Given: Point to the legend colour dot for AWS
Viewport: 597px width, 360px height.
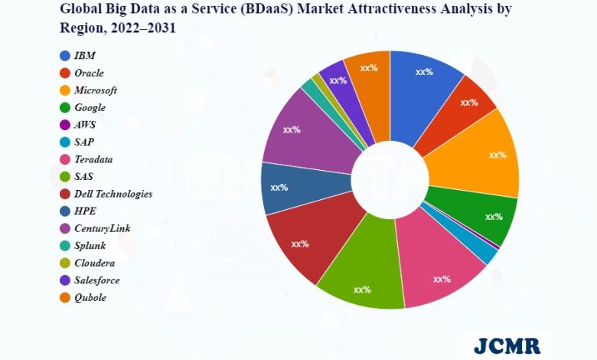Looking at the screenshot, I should click(x=65, y=125).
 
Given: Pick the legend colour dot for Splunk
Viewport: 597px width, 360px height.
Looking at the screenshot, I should click(x=65, y=246).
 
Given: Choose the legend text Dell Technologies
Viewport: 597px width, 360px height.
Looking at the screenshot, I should click(x=113, y=194).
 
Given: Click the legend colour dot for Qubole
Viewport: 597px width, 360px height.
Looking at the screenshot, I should click(x=65, y=297).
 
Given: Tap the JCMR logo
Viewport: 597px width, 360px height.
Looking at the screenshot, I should click(x=507, y=345).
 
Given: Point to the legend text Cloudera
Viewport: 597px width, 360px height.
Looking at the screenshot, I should click(x=96, y=263).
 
